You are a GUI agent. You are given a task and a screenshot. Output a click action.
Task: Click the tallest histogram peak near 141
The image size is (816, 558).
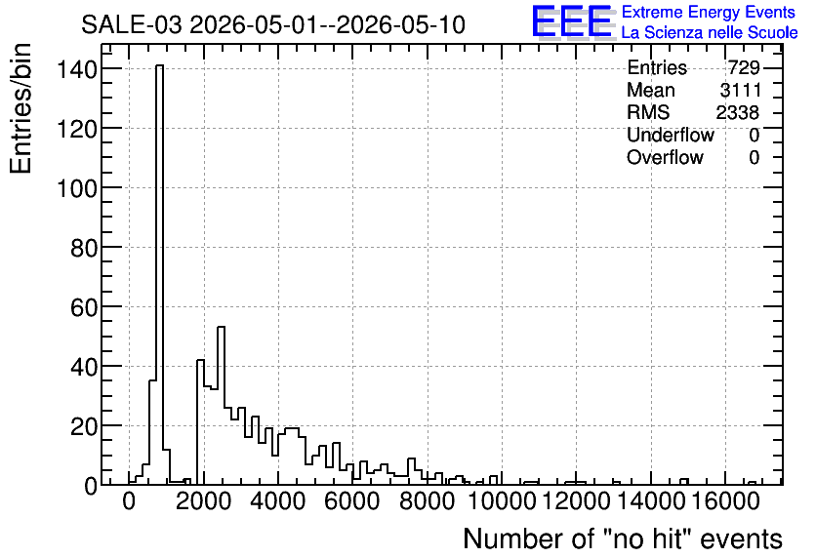[x=159, y=65]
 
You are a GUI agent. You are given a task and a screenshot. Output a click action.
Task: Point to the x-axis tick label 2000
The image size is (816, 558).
[x=203, y=501]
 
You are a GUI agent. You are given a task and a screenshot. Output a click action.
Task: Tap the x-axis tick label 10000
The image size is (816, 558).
[x=502, y=501]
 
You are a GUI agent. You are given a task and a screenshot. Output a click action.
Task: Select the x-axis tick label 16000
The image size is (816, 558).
[x=725, y=501]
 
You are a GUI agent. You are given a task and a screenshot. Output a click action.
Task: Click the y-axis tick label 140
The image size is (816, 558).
[x=77, y=69]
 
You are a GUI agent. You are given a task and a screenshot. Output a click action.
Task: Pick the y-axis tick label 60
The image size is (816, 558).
[x=84, y=307]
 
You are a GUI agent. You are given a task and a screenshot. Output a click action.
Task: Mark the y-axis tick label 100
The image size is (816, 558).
[x=77, y=188]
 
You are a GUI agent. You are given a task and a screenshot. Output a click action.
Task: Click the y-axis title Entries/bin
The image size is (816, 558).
[x=21, y=108]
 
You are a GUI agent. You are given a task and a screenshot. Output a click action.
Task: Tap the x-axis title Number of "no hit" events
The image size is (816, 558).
[x=623, y=538]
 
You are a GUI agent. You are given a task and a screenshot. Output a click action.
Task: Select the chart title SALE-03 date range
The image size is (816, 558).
[x=273, y=24]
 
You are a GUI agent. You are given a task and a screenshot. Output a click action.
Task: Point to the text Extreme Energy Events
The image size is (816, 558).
[x=709, y=12]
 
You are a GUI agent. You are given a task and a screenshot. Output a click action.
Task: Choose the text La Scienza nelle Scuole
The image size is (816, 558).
[x=710, y=32]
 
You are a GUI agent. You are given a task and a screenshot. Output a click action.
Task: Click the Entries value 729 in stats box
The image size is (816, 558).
[x=744, y=67]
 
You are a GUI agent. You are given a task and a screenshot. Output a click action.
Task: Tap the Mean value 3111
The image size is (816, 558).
[x=740, y=90]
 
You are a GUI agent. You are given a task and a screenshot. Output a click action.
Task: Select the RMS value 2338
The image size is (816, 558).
[x=737, y=112]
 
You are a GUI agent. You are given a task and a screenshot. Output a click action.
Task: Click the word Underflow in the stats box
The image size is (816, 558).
[x=671, y=135]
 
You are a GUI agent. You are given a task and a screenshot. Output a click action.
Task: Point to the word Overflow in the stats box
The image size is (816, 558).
[x=665, y=157]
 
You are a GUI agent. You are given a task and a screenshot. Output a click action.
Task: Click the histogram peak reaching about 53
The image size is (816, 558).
[x=221, y=327]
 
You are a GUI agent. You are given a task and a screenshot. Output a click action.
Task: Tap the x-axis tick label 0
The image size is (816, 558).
[x=129, y=501]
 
